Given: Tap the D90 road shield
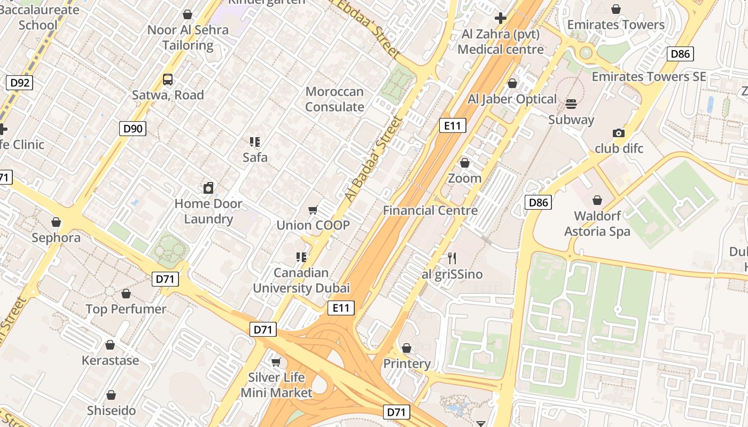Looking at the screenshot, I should point(133,128).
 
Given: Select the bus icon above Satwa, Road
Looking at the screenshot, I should point(168,80).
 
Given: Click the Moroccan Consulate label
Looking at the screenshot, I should point(334,99).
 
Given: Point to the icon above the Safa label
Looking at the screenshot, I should point(255,142).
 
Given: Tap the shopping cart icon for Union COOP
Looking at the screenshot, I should point(313,210).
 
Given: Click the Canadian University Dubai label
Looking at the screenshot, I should point(301,281).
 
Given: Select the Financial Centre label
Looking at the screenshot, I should point(430,210).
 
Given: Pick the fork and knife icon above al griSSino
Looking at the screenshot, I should point(452,258).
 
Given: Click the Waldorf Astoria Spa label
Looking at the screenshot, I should point(602,224).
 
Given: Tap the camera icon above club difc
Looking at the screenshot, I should point(619,133).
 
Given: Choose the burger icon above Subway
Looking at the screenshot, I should point(571,104).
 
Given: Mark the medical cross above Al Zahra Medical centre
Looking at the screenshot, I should point(501,19).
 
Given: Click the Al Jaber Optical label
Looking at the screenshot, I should point(512,99).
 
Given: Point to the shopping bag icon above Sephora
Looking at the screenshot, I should point(56,222).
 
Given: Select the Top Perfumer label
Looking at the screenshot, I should point(126,309).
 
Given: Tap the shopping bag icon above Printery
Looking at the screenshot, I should point(407,348).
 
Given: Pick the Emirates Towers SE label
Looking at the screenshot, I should point(649,76).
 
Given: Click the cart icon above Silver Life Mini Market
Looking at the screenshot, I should point(276,362).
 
